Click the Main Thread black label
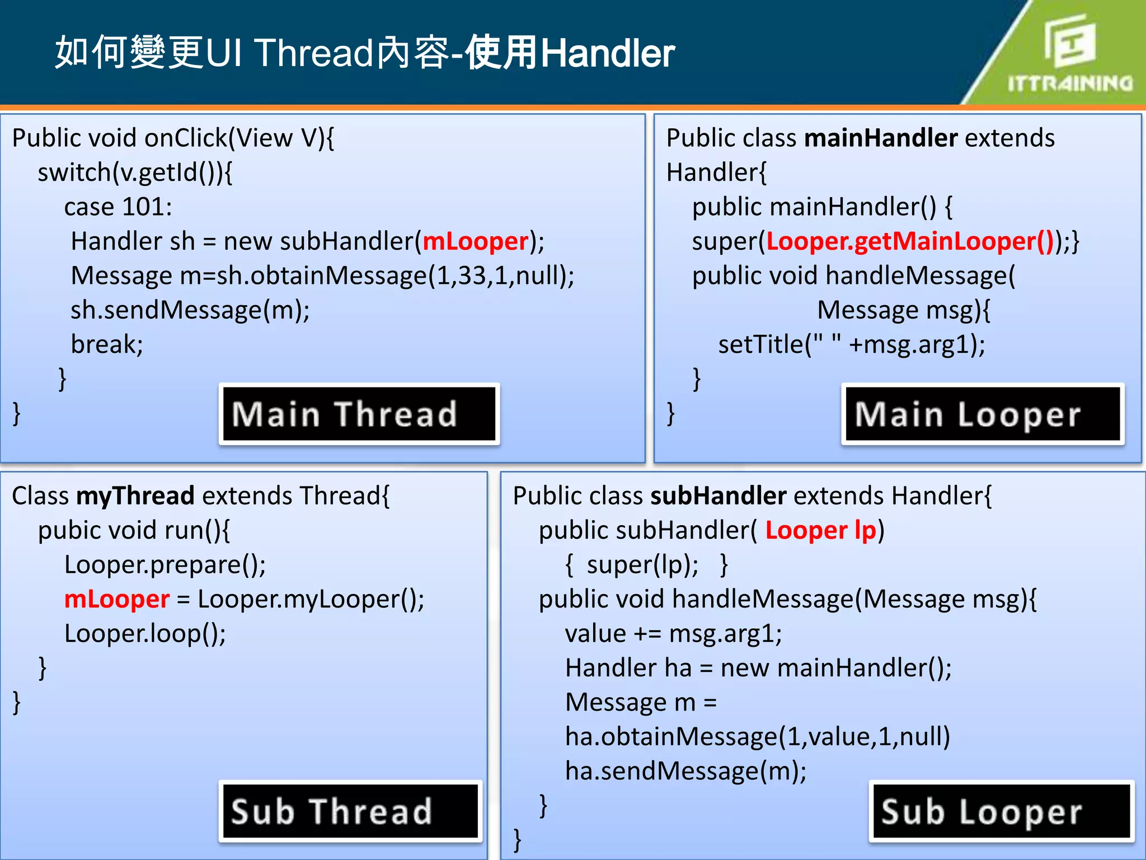tap(359, 414)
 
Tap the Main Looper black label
tap(983, 414)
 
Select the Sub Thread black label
tap(350, 811)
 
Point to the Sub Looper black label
tap(1002, 811)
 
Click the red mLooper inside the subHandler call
tap(476, 241)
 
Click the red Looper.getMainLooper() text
tap(910, 241)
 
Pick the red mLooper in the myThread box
tap(116, 599)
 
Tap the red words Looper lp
tap(820, 530)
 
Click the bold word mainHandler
tap(881, 138)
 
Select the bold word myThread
tap(135, 496)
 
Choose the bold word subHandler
tap(718, 496)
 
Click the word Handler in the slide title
tap(608, 53)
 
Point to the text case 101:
tap(118, 207)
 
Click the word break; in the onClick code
tap(107, 344)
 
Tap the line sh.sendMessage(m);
tap(190, 310)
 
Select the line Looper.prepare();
tap(165, 564)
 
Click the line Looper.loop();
tap(145, 634)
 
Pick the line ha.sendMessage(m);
tap(685, 771)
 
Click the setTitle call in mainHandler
tap(851, 344)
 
